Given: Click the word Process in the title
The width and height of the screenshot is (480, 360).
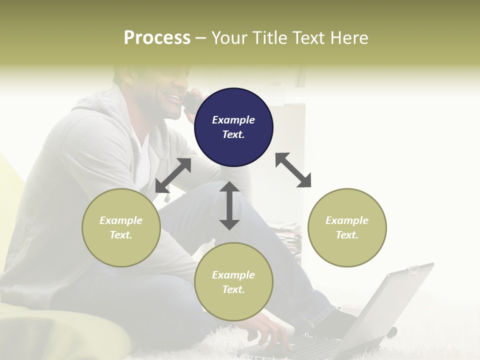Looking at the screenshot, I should [x=157, y=38].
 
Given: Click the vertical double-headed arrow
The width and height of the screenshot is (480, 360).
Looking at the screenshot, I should [x=229, y=205].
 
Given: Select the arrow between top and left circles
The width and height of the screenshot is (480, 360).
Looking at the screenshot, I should [x=173, y=175].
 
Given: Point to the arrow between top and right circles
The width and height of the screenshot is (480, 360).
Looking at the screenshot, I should [x=293, y=170].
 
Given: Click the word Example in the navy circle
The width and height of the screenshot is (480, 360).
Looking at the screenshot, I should [x=233, y=120].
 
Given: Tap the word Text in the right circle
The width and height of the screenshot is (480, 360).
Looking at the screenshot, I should [x=347, y=235].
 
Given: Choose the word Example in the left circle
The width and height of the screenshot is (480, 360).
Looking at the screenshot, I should [x=121, y=220].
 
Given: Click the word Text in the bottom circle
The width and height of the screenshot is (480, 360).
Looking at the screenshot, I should [x=233, y=289].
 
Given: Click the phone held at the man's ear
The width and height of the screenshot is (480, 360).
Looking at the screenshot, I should [x=190, y=102].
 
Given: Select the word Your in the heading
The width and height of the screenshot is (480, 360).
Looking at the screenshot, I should [x=228, y=38].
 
